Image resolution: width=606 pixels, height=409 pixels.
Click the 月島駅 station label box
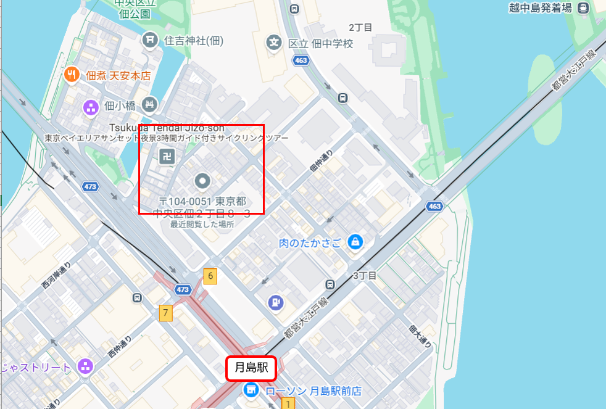251,369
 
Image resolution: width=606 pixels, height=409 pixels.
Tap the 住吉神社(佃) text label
194,41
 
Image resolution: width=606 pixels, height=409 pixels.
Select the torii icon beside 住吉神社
150,41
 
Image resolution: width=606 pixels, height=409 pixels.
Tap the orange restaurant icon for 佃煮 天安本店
72,75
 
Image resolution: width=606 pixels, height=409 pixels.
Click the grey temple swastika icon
167,156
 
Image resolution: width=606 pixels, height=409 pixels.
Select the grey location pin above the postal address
202,181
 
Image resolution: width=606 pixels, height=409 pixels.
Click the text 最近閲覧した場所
202,224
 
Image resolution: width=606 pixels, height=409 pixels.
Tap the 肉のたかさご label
310,242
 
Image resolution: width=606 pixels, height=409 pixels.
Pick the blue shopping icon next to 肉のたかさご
355,242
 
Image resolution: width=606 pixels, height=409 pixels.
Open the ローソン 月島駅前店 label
313,390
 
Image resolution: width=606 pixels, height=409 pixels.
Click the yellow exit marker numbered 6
210,276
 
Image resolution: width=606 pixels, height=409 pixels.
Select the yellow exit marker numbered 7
165,313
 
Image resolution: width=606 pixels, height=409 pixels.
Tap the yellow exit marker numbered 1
287,403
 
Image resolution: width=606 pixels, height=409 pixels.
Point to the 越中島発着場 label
541,8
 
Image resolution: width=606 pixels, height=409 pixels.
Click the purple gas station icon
275,302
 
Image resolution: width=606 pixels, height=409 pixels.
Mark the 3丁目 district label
364,275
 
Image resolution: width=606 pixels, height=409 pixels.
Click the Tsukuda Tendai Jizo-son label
166,127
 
